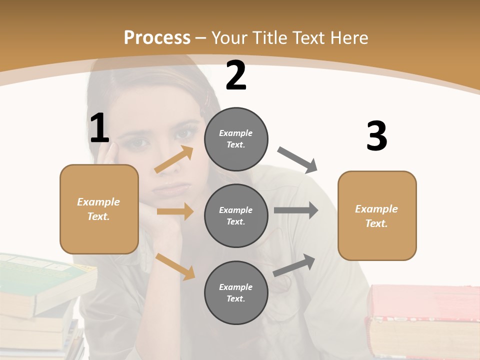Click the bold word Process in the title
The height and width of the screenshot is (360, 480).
157,37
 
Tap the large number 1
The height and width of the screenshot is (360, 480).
99,128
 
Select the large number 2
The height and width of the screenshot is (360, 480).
236,75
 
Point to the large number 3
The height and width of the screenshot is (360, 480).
376,136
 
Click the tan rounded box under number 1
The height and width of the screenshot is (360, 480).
99,209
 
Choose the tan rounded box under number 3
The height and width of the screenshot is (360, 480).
377,215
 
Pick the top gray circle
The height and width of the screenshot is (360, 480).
236,139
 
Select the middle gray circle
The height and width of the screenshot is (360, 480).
236,215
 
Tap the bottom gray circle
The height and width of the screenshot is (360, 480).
236,292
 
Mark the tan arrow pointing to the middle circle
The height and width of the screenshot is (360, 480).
175,211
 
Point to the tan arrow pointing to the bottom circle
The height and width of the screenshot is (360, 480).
175,266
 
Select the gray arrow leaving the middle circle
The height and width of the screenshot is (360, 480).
296,210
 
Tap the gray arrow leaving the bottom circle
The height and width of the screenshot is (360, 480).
294,265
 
